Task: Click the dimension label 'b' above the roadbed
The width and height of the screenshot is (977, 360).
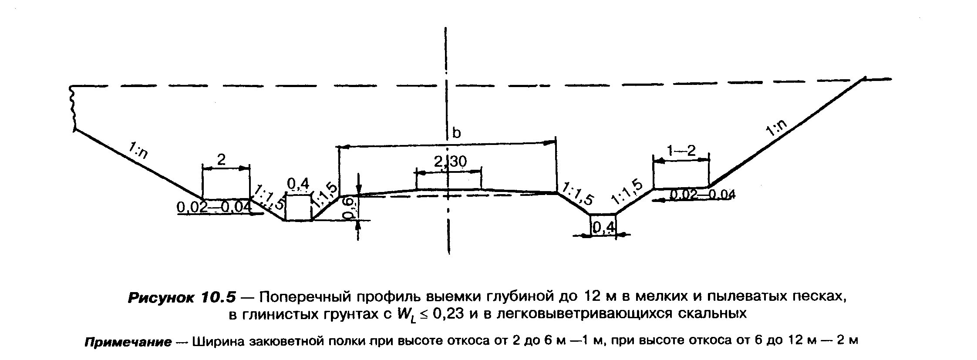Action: (x=456, y=132)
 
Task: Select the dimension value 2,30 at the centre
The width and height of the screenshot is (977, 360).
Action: (x=450, y=162)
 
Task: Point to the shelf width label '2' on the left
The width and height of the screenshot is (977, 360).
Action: (x=222, y=160)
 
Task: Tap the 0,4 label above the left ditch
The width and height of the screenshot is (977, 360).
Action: (x=298, y=184)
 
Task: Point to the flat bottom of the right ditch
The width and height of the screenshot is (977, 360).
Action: (x=603, y=214)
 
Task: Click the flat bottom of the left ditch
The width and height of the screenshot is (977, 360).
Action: (x=298, y=220)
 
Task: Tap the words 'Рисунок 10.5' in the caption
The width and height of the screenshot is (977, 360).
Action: (x=182, y=297)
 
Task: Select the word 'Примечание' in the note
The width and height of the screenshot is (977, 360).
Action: (x=128, y=342)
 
